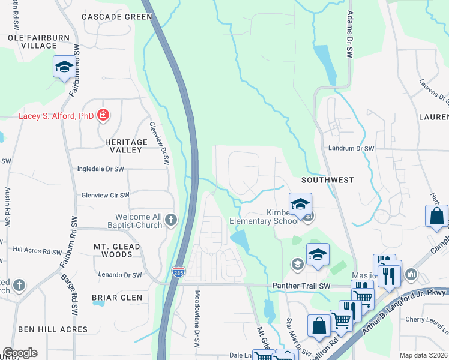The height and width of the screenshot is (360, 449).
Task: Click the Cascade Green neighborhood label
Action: click(x=117, y=17)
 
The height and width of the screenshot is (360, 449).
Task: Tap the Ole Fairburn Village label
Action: click(x=32, y=41)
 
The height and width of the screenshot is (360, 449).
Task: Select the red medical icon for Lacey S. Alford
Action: click(x=103, y=115)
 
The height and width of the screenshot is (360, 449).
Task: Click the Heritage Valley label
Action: click(x=118, y=146)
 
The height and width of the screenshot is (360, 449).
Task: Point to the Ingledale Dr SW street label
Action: click(x=100, y=169)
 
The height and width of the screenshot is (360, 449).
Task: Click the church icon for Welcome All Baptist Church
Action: click(x=172, y=220)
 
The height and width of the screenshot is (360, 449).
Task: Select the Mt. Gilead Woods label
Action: click(x=117, y=250)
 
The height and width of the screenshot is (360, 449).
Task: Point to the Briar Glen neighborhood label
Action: click(x=117, y=298)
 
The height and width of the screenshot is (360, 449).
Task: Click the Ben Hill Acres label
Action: click(x=53, y=329)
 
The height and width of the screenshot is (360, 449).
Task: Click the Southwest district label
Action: click(x=328, y=179)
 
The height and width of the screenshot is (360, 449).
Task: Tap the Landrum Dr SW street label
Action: click(x=351, y=148)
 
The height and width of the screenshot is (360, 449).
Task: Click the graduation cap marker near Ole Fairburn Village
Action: click(x=64, y=67)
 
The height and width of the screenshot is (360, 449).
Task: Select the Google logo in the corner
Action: click(x=19, y=353)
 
